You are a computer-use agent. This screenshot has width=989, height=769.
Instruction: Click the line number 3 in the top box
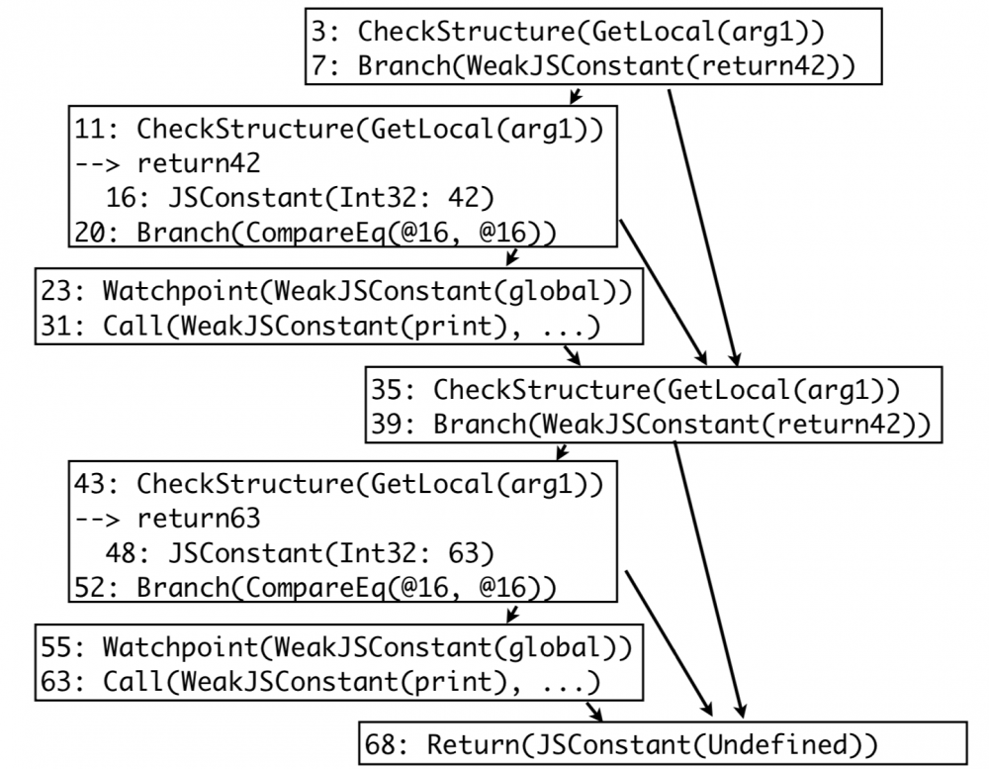tap(315, 31)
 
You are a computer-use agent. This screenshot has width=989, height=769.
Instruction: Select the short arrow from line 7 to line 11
tap(575, 95)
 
